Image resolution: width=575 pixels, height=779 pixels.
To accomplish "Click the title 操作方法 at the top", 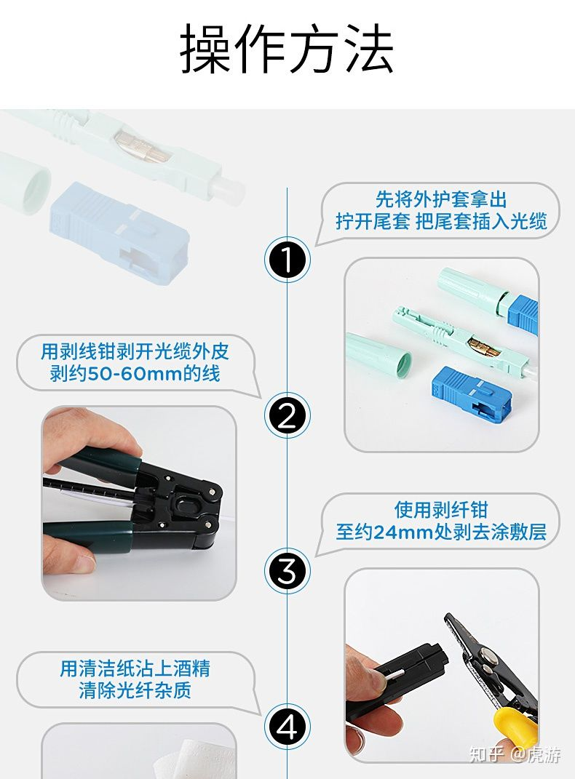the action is point(287,49).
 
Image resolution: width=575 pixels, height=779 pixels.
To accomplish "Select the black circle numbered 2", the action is point(287,415).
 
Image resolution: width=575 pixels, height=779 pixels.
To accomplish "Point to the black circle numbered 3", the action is point(287,571).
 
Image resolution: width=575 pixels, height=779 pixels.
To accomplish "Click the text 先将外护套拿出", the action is point(441,199).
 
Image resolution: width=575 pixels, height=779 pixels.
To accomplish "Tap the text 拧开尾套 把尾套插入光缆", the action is point(441,221).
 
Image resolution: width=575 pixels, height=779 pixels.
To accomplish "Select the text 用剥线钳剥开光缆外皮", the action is point(135,351).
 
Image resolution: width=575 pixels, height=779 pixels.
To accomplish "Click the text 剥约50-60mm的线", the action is point(135,373).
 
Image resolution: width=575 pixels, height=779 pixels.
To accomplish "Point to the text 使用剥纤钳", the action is point(441,510).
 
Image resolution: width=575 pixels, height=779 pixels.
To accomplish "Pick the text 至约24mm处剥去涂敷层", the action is point(441,532).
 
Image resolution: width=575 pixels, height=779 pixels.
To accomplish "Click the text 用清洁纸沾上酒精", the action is point(135,668).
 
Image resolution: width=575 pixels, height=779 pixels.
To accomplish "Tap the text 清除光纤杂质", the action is point(135,690).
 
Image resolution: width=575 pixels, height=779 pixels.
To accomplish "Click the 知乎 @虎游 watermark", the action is point(515,754).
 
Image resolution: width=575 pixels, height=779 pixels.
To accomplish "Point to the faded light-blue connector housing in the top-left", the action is point(119,233).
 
